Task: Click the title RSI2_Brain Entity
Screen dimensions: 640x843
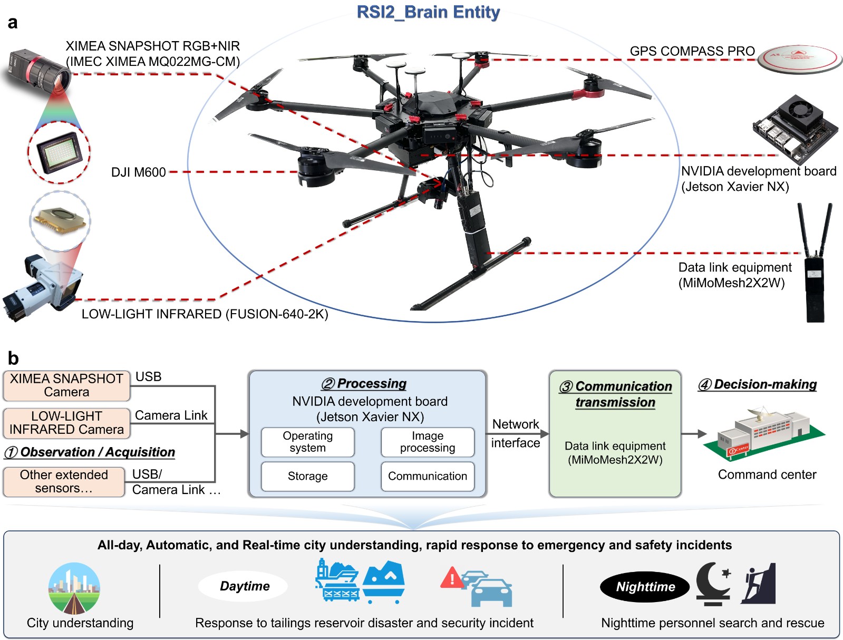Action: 428,12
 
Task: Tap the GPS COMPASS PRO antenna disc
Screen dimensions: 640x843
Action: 799,59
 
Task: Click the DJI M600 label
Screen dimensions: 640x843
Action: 139,172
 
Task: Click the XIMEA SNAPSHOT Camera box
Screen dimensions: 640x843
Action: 66,385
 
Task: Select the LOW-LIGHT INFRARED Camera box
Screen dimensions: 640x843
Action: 66,423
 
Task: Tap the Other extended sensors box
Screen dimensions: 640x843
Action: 64,481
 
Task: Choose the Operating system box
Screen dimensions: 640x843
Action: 307,442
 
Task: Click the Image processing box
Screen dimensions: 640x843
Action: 427,442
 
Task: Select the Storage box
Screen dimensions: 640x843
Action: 307,476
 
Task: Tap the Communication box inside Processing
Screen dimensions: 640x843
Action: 427,476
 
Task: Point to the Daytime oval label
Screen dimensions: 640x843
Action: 244,586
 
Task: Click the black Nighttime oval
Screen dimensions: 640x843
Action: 645,587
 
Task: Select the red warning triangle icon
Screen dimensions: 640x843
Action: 451,578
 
